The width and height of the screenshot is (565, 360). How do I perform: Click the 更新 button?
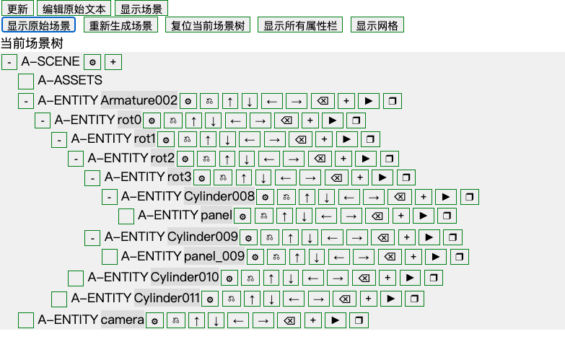17,8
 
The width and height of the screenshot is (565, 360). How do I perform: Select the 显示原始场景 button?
38,25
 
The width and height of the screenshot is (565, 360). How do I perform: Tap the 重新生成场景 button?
121,25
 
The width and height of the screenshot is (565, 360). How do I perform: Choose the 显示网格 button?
377,25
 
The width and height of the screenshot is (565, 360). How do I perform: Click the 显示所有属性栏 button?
300,25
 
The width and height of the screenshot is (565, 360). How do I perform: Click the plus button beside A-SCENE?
113,62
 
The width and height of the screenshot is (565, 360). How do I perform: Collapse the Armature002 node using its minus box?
26,101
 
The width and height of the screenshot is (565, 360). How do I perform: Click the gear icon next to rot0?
152,120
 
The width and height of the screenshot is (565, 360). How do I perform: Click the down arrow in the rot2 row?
247,159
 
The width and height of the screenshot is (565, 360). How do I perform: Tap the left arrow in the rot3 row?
286,177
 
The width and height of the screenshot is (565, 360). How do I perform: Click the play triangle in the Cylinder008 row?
446,197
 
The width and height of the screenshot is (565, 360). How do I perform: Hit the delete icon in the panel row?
377,216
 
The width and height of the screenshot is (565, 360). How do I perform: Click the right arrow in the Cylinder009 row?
357,237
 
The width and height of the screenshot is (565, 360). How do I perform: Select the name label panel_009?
214,256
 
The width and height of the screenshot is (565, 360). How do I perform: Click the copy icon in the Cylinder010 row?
434,278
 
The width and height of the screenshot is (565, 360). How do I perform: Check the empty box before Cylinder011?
59,299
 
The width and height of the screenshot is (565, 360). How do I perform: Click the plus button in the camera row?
313,320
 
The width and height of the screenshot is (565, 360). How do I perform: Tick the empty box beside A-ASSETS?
26,81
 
